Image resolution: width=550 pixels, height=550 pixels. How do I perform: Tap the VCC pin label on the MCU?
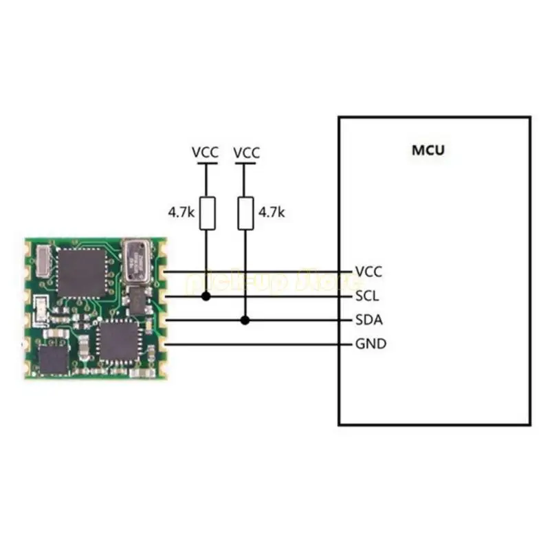(368, 272)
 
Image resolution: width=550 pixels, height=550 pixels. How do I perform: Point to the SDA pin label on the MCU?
(369, 320)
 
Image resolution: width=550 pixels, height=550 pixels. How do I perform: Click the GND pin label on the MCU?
(370, 344)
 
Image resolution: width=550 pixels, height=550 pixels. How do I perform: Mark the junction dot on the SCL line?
(206, 296)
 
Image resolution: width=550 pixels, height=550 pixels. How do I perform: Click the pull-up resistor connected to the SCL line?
(206, 213)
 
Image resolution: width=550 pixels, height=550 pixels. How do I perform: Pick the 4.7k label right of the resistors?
(270, 213)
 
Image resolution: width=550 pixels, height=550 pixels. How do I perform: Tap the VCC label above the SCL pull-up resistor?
(206, 152)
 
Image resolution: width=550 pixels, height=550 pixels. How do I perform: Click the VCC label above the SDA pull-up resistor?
(247, 152)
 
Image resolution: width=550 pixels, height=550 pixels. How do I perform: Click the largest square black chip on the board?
(82, 272)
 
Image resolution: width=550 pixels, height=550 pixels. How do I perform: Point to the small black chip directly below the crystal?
(140, 300)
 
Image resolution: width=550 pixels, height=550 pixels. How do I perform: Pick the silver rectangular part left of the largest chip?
(40, 262)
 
